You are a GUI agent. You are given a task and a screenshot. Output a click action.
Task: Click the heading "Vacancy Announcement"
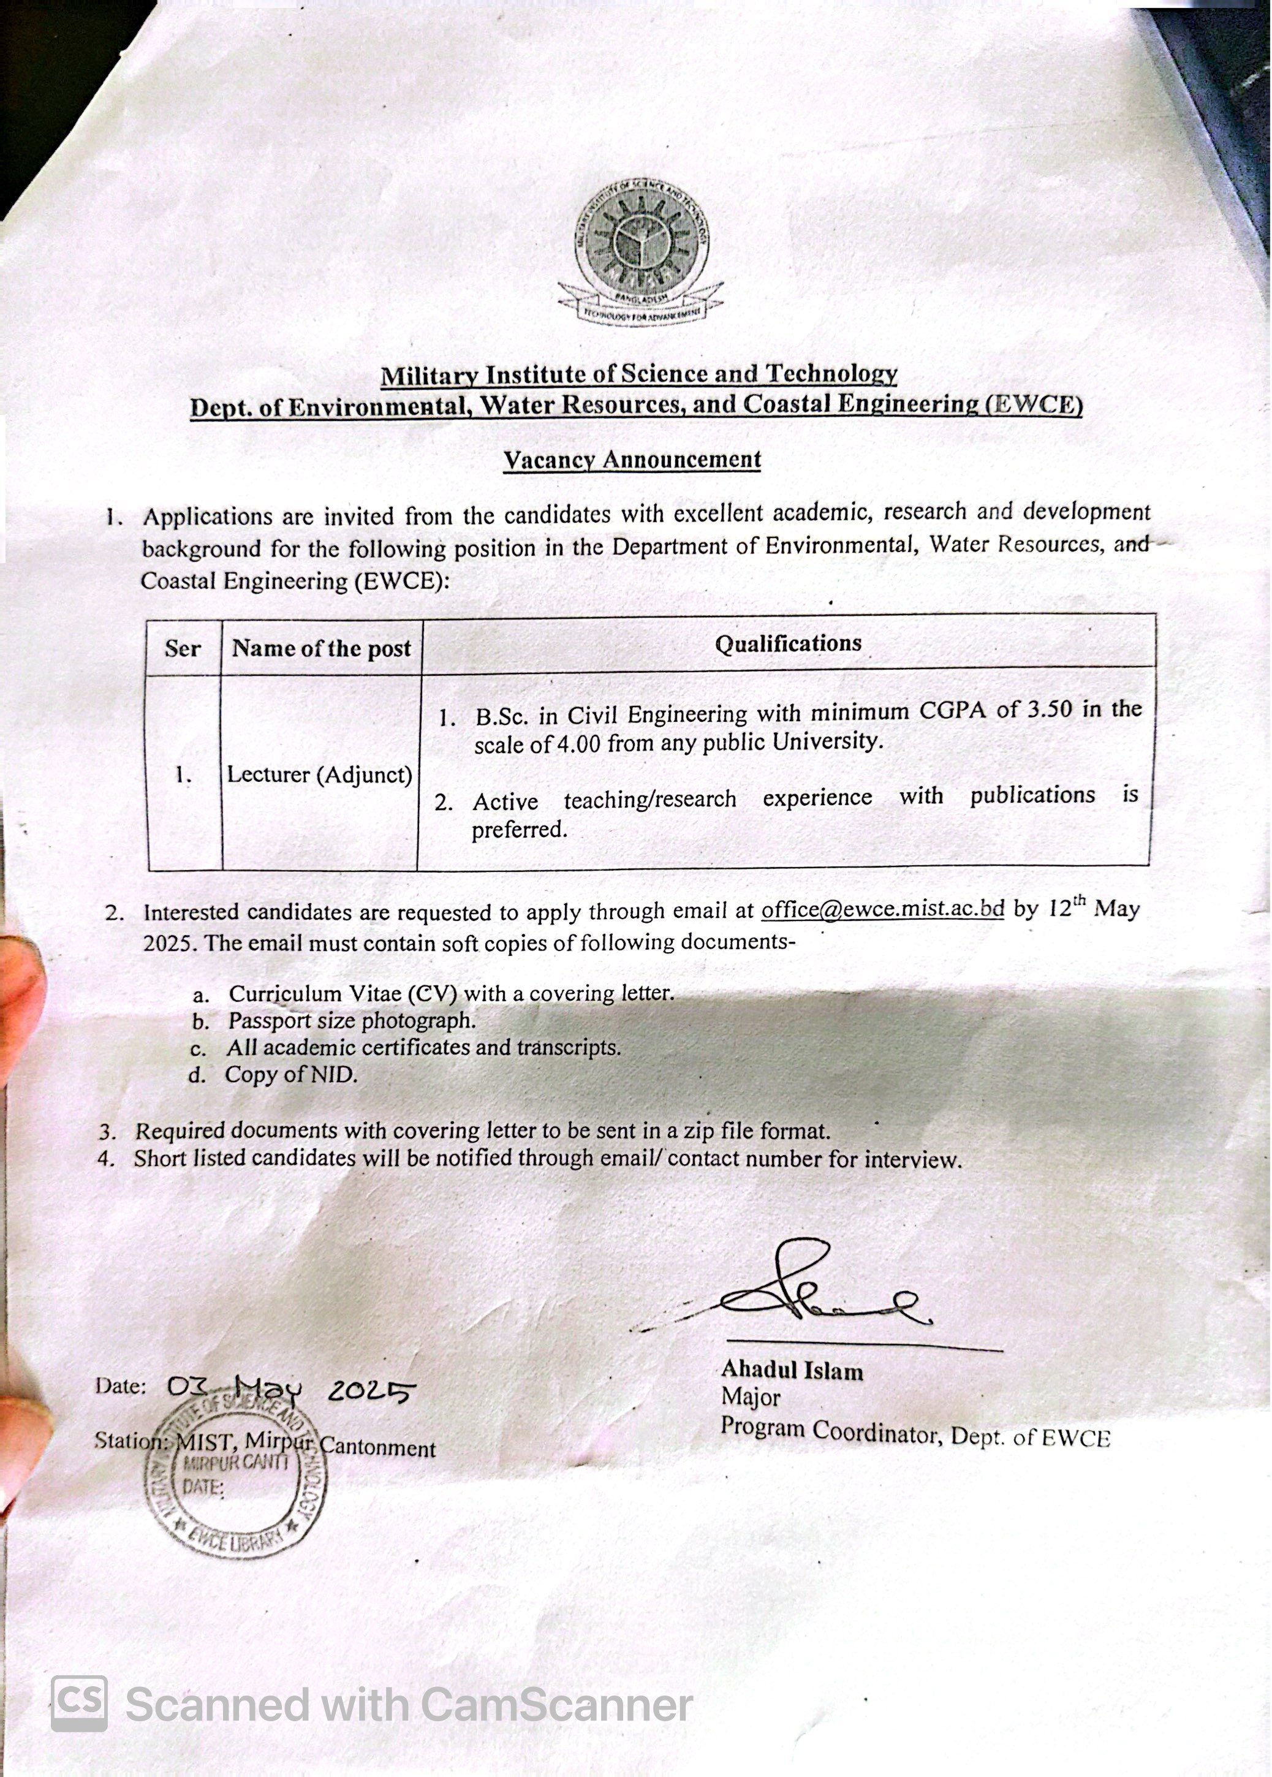pyautogui.click(x=631, y=460)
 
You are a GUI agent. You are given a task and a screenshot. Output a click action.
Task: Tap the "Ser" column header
pyautogui.click(x=183, y=648)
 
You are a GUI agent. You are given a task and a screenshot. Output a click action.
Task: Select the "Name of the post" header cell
pyautogui.click(x=321, y=648)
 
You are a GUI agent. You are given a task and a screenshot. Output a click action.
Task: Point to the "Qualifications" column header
pyautogui.click(x=787, y=644)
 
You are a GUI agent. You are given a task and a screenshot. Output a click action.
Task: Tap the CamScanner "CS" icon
pyautogui.click(x=79, y=1703)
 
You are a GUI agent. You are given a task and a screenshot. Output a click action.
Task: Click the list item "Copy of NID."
pyautogui.click(x=290, y=1075)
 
